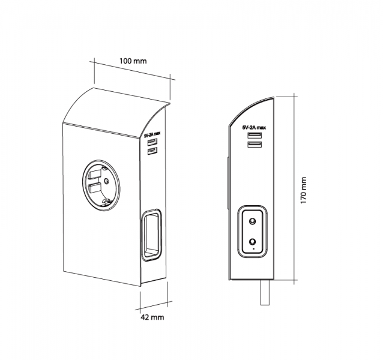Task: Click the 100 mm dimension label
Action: pos(133,61)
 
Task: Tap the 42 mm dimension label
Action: pos(152,317)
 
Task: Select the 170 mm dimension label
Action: pos(303,190)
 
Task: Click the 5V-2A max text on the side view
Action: pos(254,127)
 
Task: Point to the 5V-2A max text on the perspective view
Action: pos(152,134)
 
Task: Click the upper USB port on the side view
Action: pos(255,135)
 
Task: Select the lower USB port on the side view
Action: pos(255,145)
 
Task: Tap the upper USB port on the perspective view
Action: pos(152,142)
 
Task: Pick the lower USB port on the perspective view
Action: pos(152,151)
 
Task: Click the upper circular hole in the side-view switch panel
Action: pos(252,221)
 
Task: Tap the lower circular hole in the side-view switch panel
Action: pos(252,242)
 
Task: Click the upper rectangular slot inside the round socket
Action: pos(94,174)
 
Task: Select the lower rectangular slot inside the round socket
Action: pos(94,188)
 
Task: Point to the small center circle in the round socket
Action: pos(106,181)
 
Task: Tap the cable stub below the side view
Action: pos(265,293)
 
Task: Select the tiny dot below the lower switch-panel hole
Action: pos(253,249)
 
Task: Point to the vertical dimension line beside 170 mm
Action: pos(294,188)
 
